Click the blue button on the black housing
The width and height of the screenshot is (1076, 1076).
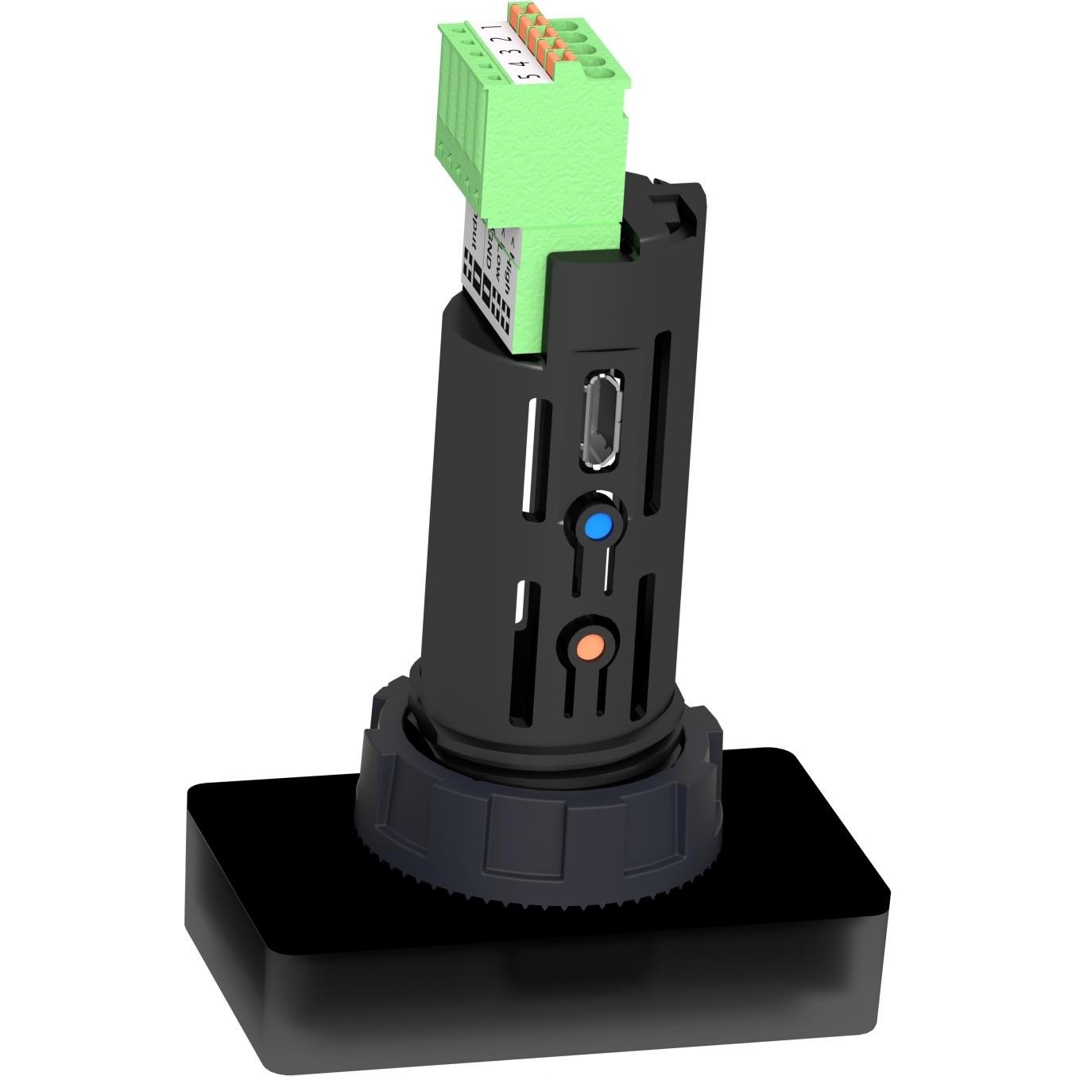click(598, 526)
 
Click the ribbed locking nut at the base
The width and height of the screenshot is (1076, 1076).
click(540, 803)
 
